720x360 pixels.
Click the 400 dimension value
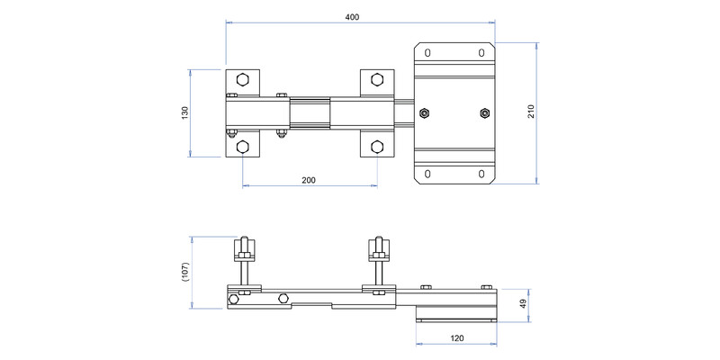pos(352,17)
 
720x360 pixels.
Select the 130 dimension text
pos(185,113)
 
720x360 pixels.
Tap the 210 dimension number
pos(531,112)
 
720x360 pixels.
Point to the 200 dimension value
pos(309,180)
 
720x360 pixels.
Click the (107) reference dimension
pos(185,273)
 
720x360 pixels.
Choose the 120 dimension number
pos(457,338)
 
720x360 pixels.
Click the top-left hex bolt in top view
pos(242,79)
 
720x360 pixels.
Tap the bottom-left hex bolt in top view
pos(242,147)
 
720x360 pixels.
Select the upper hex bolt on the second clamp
pos(377,79)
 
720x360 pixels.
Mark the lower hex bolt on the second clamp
pos(377,147)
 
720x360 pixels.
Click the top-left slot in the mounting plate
pos(427,53)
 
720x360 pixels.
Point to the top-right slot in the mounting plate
pos(481,53)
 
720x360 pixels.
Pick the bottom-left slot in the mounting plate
pos(427,174)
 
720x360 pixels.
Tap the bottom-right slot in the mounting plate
pos(481,174)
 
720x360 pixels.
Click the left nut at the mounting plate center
pos(424,113)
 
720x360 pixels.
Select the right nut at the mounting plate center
pos(485,113)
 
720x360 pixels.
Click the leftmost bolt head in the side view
pos(233,300)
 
